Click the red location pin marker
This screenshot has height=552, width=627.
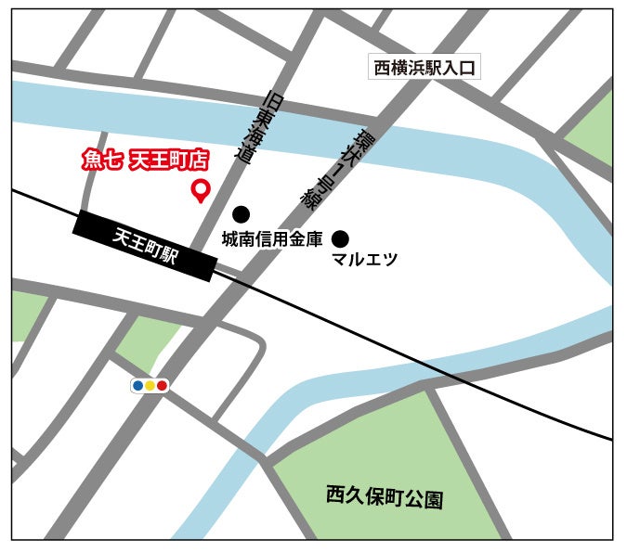200,190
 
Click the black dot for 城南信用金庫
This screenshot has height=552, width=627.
241,214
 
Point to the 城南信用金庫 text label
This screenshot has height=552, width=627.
271,239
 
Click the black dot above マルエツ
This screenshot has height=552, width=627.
341,238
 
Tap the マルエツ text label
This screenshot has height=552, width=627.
364,260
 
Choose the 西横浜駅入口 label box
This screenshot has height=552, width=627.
424,68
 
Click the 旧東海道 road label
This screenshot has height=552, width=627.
259,127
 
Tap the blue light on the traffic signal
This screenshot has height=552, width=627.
138,385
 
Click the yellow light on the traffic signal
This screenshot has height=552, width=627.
150,385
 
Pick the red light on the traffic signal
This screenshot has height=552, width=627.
162,385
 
